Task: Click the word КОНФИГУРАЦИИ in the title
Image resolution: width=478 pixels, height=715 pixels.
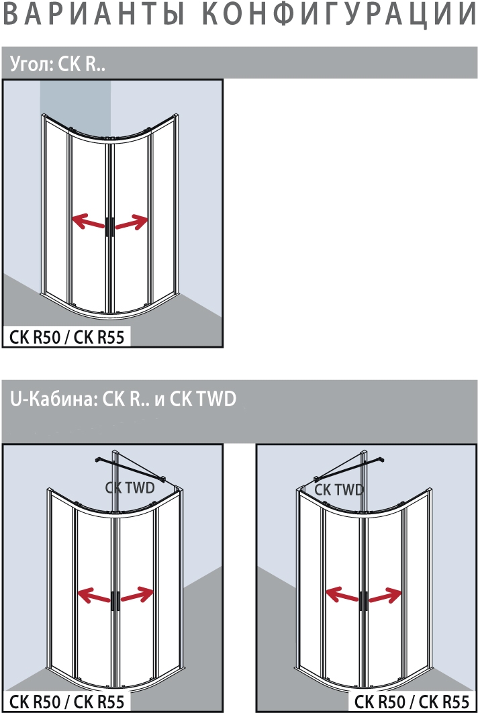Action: pyautogui.click(x=339, y=13)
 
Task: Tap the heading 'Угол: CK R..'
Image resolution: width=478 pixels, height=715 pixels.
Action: pyautogui.click(x=58, y=64)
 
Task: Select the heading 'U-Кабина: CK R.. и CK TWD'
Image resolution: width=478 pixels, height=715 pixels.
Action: pyautogui.click(x=123, y=399)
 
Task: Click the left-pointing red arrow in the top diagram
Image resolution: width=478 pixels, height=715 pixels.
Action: pyautogui.click(x=89, y=222)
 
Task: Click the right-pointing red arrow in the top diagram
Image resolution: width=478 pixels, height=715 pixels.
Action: pyautogui.click(x=132, y=222)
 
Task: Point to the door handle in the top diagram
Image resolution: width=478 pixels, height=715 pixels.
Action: pyautogui.click(x=110, y=227)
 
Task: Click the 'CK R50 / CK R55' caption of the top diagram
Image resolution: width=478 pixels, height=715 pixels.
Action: pyautogui.click(x=66, y=337)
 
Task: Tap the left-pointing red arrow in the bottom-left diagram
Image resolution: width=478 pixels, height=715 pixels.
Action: pyautogui.click(x=95, y=595)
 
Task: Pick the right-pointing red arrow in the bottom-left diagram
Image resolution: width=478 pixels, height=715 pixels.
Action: pyautogui.click(x=137, y=594)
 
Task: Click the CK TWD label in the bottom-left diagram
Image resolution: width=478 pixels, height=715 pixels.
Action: pyautogui.click(x=130, y=488)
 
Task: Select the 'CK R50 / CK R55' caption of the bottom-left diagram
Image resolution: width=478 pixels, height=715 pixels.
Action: pyautogui.click(x=66, y=702)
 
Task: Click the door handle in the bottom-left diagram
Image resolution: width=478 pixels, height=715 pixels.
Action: pyautogui.click(x=115, y=601)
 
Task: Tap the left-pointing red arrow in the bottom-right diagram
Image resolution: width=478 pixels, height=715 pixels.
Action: pyautogui.click(x=342, y=595)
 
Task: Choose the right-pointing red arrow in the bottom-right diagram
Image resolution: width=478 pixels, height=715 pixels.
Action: pyautogui.click(x=385, y=595)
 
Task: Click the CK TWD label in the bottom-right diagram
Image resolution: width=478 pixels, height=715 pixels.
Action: pyautogui.click(x=339, y=489)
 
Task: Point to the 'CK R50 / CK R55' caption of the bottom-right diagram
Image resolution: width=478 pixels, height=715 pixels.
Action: pyautogui.click(x=412, y=702)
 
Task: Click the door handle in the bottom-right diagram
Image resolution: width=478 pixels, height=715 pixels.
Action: pyautogui.click(x=363, y=601)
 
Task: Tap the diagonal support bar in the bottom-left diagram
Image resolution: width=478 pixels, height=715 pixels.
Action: pyautogui.click(x=130, y=469)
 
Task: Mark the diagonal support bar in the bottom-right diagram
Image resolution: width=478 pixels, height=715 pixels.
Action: pyautogui.click(x=349, y=469)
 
